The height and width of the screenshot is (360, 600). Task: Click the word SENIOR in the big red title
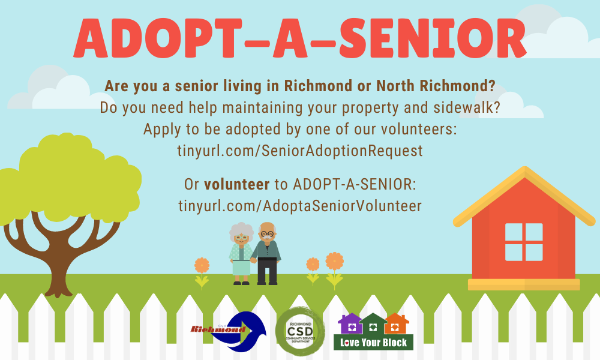(433, 38)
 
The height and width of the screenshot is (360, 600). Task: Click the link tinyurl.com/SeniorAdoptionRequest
(300, 151)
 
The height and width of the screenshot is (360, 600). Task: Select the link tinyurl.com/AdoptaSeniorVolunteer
(300, 206)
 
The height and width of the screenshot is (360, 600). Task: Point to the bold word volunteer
(237, 184)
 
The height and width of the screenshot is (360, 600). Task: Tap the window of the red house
(524, 242)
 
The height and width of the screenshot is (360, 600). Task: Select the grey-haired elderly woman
(241, 254)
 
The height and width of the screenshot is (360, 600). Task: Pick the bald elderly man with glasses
(267, 254)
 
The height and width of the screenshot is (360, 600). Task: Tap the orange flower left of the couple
(202, 273)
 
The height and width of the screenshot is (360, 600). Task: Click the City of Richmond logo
(229, 331)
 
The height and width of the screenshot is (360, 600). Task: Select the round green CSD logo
(301, 331)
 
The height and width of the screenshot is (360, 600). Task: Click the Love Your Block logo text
(373, 343)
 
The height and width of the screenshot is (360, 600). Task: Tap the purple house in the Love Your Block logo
(350, 324)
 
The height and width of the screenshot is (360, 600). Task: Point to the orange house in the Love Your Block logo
(397, 324)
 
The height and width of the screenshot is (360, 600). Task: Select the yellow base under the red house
(524, 284)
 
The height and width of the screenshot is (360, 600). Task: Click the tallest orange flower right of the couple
(334, 270)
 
